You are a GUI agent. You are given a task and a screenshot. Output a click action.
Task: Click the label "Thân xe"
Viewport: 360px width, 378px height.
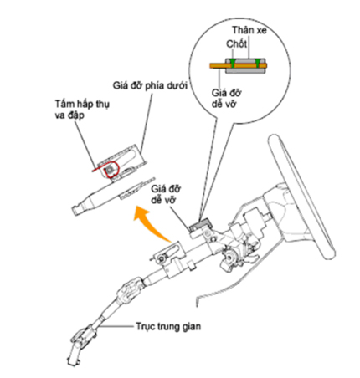pos(249,30)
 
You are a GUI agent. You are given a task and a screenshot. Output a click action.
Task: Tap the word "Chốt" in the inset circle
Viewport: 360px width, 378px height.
pos(236,44)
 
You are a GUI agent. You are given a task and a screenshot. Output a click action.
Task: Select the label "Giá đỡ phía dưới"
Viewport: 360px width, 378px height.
pos(150,86)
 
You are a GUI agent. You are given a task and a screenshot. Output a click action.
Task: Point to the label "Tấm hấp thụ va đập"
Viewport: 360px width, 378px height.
pos(82,110)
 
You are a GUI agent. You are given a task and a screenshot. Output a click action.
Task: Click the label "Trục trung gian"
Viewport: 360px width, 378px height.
pos(168,326)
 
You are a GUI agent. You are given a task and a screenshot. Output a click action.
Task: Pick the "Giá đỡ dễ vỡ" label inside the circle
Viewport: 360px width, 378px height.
pos(226,98)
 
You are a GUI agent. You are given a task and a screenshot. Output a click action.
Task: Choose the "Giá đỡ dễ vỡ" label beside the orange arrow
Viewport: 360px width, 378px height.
pos(166,194)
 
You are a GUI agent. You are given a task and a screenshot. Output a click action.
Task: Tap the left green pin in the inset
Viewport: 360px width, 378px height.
pos(233,64)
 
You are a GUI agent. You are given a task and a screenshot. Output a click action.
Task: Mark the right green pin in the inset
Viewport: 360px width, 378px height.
pos(258,64)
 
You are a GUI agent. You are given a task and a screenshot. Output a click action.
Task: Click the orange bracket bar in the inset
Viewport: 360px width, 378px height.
pos(238,66)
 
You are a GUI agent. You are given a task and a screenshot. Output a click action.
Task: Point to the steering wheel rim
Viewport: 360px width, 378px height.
pos(301,195)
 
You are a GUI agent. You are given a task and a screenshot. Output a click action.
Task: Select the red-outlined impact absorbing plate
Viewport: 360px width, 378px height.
pos(111,169)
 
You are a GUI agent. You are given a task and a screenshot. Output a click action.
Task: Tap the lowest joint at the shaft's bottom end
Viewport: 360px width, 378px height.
pos(80,343)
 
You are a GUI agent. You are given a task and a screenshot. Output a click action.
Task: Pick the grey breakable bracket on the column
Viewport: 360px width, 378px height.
pos(200,223)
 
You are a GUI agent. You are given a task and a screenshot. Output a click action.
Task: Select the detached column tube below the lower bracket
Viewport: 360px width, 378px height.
pos(113,195)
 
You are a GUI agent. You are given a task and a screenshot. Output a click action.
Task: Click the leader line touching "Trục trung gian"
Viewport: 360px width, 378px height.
pos(116,326)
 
